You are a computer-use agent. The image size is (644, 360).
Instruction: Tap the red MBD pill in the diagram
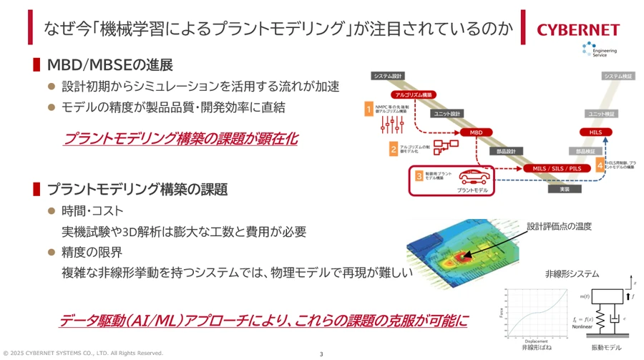pyautogui.click(x=477, y=132)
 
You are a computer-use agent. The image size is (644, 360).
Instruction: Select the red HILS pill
pyautogui.click(x=595, y=132)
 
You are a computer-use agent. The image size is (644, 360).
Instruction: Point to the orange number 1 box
pyautogui.click(x=369, y=109)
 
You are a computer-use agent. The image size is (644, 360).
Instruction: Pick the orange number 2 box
pyautogui.click(x=394, y=149)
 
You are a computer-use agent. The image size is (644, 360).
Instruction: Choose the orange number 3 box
pyautogui.click(x=419, y=175)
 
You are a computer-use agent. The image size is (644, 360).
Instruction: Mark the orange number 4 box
pyautogui.click(x=600, y=166)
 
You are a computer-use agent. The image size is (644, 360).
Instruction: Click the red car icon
pyautogui.click(x=473, y=176)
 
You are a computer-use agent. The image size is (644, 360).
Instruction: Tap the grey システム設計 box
pyautogui.click(x=389, y=76)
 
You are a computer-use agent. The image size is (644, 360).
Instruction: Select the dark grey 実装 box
pyautogui.click(x=564, y=190)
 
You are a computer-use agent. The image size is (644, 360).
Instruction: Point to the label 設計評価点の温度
pyautogui.click(x=560, y=226)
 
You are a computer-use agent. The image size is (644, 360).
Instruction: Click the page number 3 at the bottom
pyautogui.click(x=321, y=354)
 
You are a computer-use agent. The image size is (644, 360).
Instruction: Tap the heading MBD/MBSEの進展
pyautogui.click(x=110, y=64)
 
